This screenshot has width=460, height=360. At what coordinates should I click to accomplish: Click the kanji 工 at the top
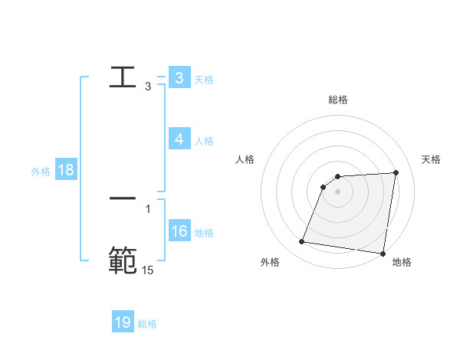pos(123,77)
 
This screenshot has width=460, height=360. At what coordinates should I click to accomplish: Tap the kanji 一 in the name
pos(123,198)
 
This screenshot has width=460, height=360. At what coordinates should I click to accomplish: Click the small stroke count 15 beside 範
pos(148,270)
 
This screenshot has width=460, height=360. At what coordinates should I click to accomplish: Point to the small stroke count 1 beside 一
pos(148,208)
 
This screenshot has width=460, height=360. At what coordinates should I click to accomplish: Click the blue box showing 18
pos(65,171)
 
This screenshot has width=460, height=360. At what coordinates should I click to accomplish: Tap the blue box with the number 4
pos(179,139)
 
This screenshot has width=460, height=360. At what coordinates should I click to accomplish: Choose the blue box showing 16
pos(179,231)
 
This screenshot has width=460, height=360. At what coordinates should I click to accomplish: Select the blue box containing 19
pos(123,322)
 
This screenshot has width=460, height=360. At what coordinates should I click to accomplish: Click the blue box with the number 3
pos(179,78)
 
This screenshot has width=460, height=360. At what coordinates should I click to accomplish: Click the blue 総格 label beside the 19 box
pos(147,324)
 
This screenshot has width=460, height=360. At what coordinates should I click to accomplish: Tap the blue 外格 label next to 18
pos(41,172)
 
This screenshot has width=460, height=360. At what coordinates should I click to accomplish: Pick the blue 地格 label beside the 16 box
pos(204,233)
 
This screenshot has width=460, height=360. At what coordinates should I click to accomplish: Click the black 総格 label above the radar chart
pos(338,100)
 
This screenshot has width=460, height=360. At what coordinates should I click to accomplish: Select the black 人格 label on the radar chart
pos(245,159)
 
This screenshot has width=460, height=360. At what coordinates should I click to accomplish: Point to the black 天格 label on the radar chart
pos(431,159)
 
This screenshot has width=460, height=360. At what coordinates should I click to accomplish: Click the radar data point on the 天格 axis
pos(396,173)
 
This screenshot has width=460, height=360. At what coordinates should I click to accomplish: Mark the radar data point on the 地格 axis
pos(383,254)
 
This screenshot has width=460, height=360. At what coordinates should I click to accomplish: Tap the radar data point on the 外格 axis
pos(302,242)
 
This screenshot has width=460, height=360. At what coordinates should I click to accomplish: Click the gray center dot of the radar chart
pos(338,192)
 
